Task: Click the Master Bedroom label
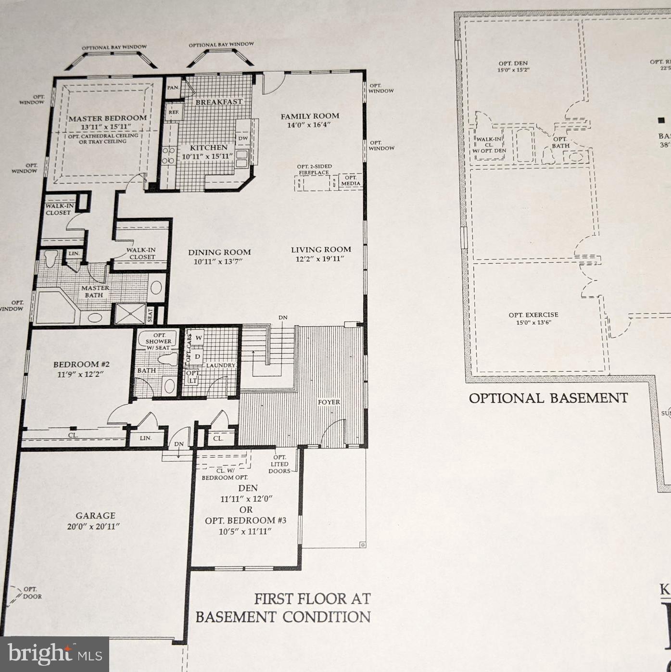tap(107, 118)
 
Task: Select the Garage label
tap(95, 516)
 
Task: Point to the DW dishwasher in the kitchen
tap(243, 138)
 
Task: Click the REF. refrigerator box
tap(174, 112)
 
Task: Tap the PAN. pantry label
tap(173, 88)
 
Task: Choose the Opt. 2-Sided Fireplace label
tap(314, 169)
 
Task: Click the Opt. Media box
tap(351, 181)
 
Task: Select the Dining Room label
tap(219, 252)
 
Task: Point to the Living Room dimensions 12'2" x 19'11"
tap(321, 259)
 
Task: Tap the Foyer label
tap(329, 402)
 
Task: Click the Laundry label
tap(221, 366)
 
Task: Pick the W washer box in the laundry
tap(199, 338)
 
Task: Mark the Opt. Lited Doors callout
tap(279, 464)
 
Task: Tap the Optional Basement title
tap(548, 398)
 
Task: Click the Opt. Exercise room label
tap(533, 315)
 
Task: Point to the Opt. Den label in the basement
tap(513, 63)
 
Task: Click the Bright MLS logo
tap(55, 654)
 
